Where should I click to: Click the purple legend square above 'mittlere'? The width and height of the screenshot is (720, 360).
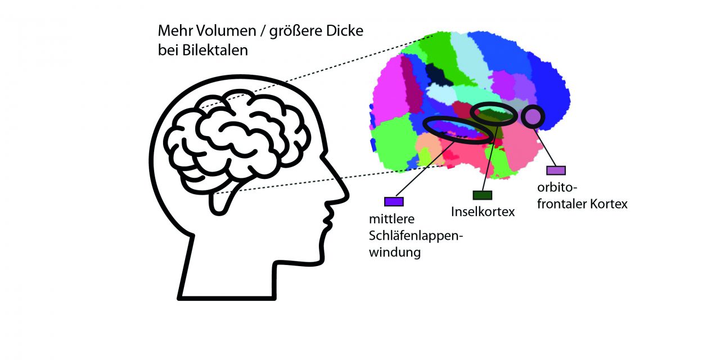[394, 201]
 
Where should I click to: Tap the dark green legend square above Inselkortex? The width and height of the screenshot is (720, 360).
[482, 195]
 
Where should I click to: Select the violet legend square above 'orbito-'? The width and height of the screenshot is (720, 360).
[556, 170]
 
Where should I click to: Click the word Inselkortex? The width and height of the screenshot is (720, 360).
[483, 212]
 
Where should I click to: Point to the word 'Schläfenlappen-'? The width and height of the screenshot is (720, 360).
[416, 236]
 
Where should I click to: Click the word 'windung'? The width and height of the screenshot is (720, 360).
[395, 253]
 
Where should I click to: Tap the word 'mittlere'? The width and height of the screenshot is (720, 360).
[392, 219]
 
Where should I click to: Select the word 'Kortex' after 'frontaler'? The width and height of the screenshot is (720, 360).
[609, 204]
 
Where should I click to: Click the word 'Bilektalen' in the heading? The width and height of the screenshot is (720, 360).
[215, 51]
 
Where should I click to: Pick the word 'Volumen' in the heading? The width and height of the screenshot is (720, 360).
[227, 31]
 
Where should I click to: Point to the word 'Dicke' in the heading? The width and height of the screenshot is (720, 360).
[345, 31]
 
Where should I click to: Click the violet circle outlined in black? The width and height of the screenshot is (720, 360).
[533, 116]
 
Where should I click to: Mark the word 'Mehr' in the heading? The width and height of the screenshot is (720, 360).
[175, 31]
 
